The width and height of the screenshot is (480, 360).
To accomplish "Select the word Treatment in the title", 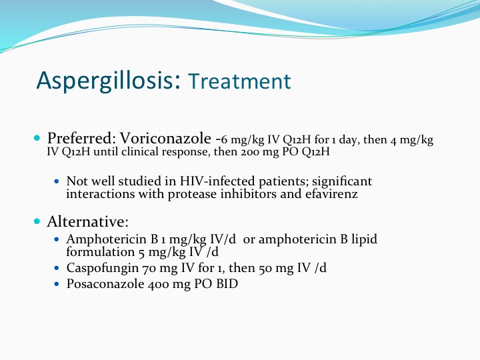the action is click(x=239, y=81).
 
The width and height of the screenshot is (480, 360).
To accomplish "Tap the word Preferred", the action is click(x=79, y=139).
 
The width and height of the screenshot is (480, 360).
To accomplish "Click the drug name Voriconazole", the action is click(x=165, y=138).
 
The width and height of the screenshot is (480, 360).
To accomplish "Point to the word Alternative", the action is click(x=87, y=221).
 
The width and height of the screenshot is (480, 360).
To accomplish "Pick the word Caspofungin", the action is click(x=103, y=269).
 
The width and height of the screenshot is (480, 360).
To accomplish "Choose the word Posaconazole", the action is click(x=105, y=284).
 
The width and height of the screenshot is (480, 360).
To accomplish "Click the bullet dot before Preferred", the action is click(x=37, y=138).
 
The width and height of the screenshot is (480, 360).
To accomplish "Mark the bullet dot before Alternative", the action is click(x=37, y=221).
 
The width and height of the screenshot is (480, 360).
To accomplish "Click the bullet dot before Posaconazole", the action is click(x=56, y=284).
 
